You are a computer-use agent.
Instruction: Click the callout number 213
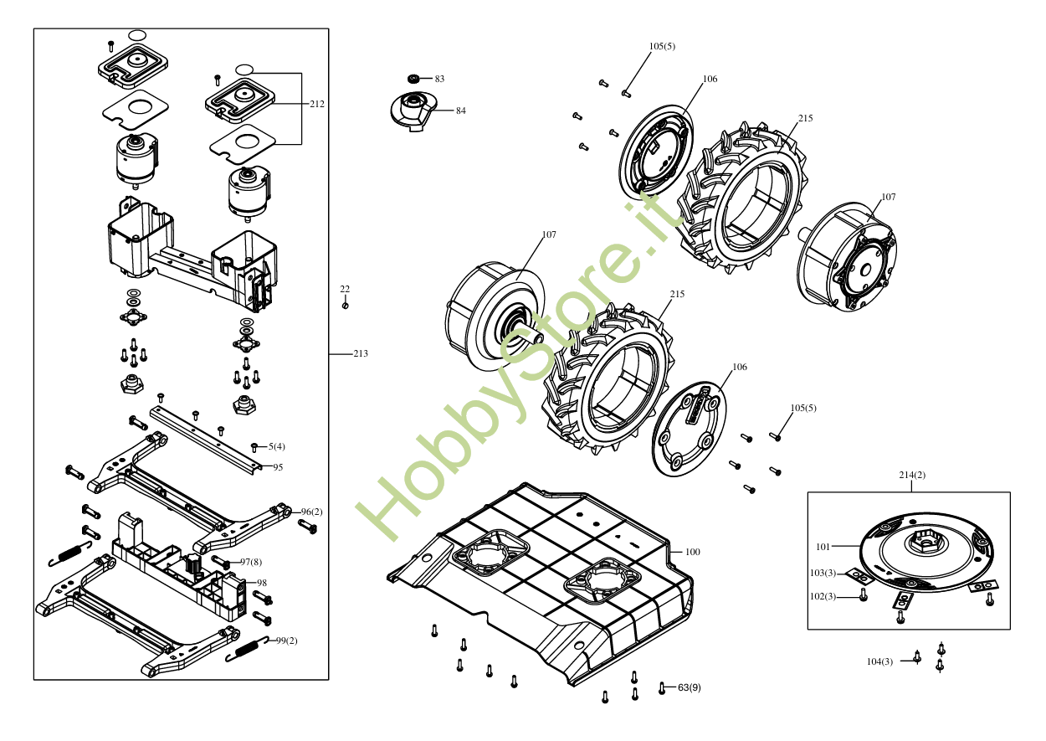coord(361,353)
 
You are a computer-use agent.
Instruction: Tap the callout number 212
coord(317,104)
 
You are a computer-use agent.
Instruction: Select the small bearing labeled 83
coord(413,79)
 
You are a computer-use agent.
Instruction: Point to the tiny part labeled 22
coord(345,306)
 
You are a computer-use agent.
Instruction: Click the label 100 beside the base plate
coord(693,552)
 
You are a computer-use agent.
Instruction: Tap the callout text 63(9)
coord(690,687)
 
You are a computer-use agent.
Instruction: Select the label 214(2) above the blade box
coord(912,475)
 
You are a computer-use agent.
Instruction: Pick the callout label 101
coord(823,547)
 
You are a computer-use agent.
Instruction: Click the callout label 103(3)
coord(823,573)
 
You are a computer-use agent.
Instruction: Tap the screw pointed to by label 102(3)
coord(863,595)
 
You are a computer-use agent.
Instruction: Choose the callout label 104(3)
coord(879,661)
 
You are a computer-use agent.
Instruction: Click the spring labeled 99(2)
coord(247,649)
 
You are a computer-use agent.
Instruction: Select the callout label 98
coord(262,583)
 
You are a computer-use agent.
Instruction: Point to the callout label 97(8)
coord(251,562)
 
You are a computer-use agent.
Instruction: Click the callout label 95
coord(278,467)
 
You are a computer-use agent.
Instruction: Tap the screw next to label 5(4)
coord(254,447)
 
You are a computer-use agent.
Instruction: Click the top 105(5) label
coord(662,46)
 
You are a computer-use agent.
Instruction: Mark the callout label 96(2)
coord(312,512)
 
